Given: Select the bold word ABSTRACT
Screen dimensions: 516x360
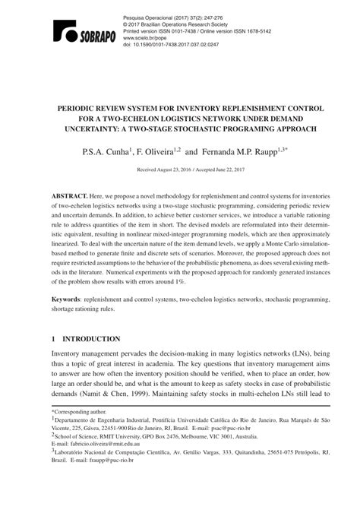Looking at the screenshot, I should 68,197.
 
